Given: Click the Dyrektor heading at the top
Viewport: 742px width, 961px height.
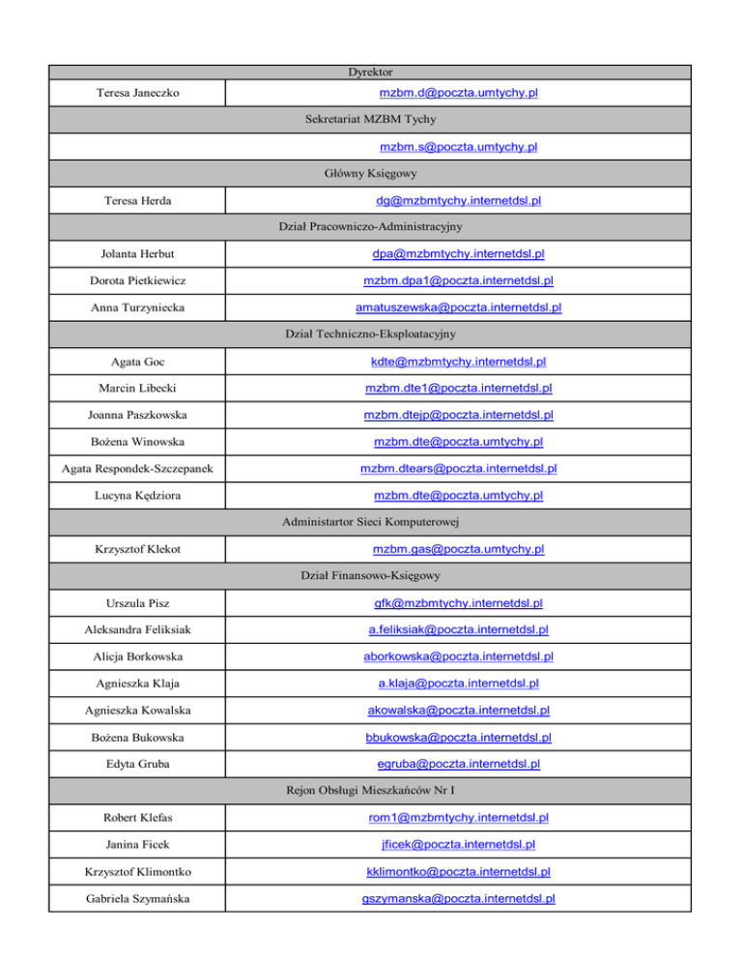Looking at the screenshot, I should click(369, 72).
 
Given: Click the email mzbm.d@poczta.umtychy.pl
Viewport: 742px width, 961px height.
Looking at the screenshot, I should click(458, 94).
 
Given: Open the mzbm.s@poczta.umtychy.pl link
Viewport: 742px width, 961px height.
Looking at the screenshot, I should click(458, 147).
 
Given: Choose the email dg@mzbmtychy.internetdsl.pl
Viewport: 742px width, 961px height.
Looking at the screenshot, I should click(458, 201).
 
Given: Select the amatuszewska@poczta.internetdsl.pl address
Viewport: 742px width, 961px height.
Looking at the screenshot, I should click(458, 308).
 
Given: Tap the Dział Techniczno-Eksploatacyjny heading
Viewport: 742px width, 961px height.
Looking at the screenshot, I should click(369, 335).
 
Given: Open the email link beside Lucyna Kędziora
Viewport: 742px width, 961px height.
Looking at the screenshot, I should click(458, 496).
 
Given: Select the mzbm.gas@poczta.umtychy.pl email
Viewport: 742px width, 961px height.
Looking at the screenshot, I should click(458, 549).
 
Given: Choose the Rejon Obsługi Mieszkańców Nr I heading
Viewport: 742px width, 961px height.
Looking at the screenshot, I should click(369, 791).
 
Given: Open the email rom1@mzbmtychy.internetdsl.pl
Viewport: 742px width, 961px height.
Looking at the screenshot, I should click(458, 818).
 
